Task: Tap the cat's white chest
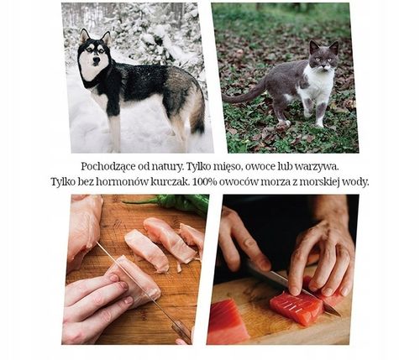pos(318,84)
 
